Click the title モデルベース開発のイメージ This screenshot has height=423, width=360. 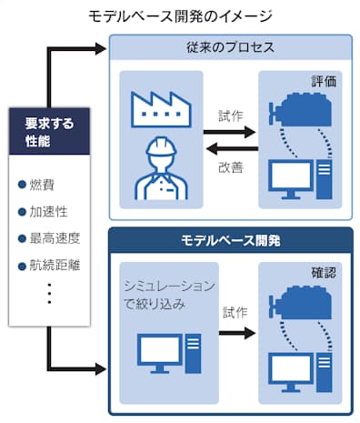click(180, 16)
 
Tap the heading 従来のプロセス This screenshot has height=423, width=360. click(230, 46)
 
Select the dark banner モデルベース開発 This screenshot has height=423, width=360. click(230, 241)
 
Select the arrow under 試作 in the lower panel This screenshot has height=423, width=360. click(235, 333)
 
